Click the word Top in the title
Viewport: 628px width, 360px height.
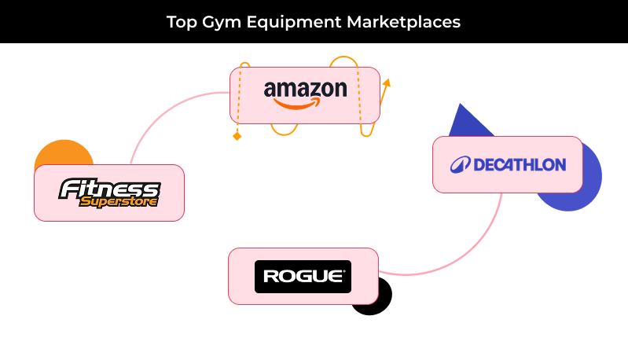180,22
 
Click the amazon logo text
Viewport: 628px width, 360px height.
305,89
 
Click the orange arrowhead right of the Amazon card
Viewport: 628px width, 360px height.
386,82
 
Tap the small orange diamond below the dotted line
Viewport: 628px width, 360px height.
236,137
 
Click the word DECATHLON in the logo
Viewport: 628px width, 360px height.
520,165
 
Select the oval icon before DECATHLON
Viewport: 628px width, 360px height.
459,165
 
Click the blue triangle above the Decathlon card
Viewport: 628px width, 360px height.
462,121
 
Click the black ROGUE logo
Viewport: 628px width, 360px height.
303,277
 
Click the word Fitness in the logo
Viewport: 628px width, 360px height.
110,189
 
